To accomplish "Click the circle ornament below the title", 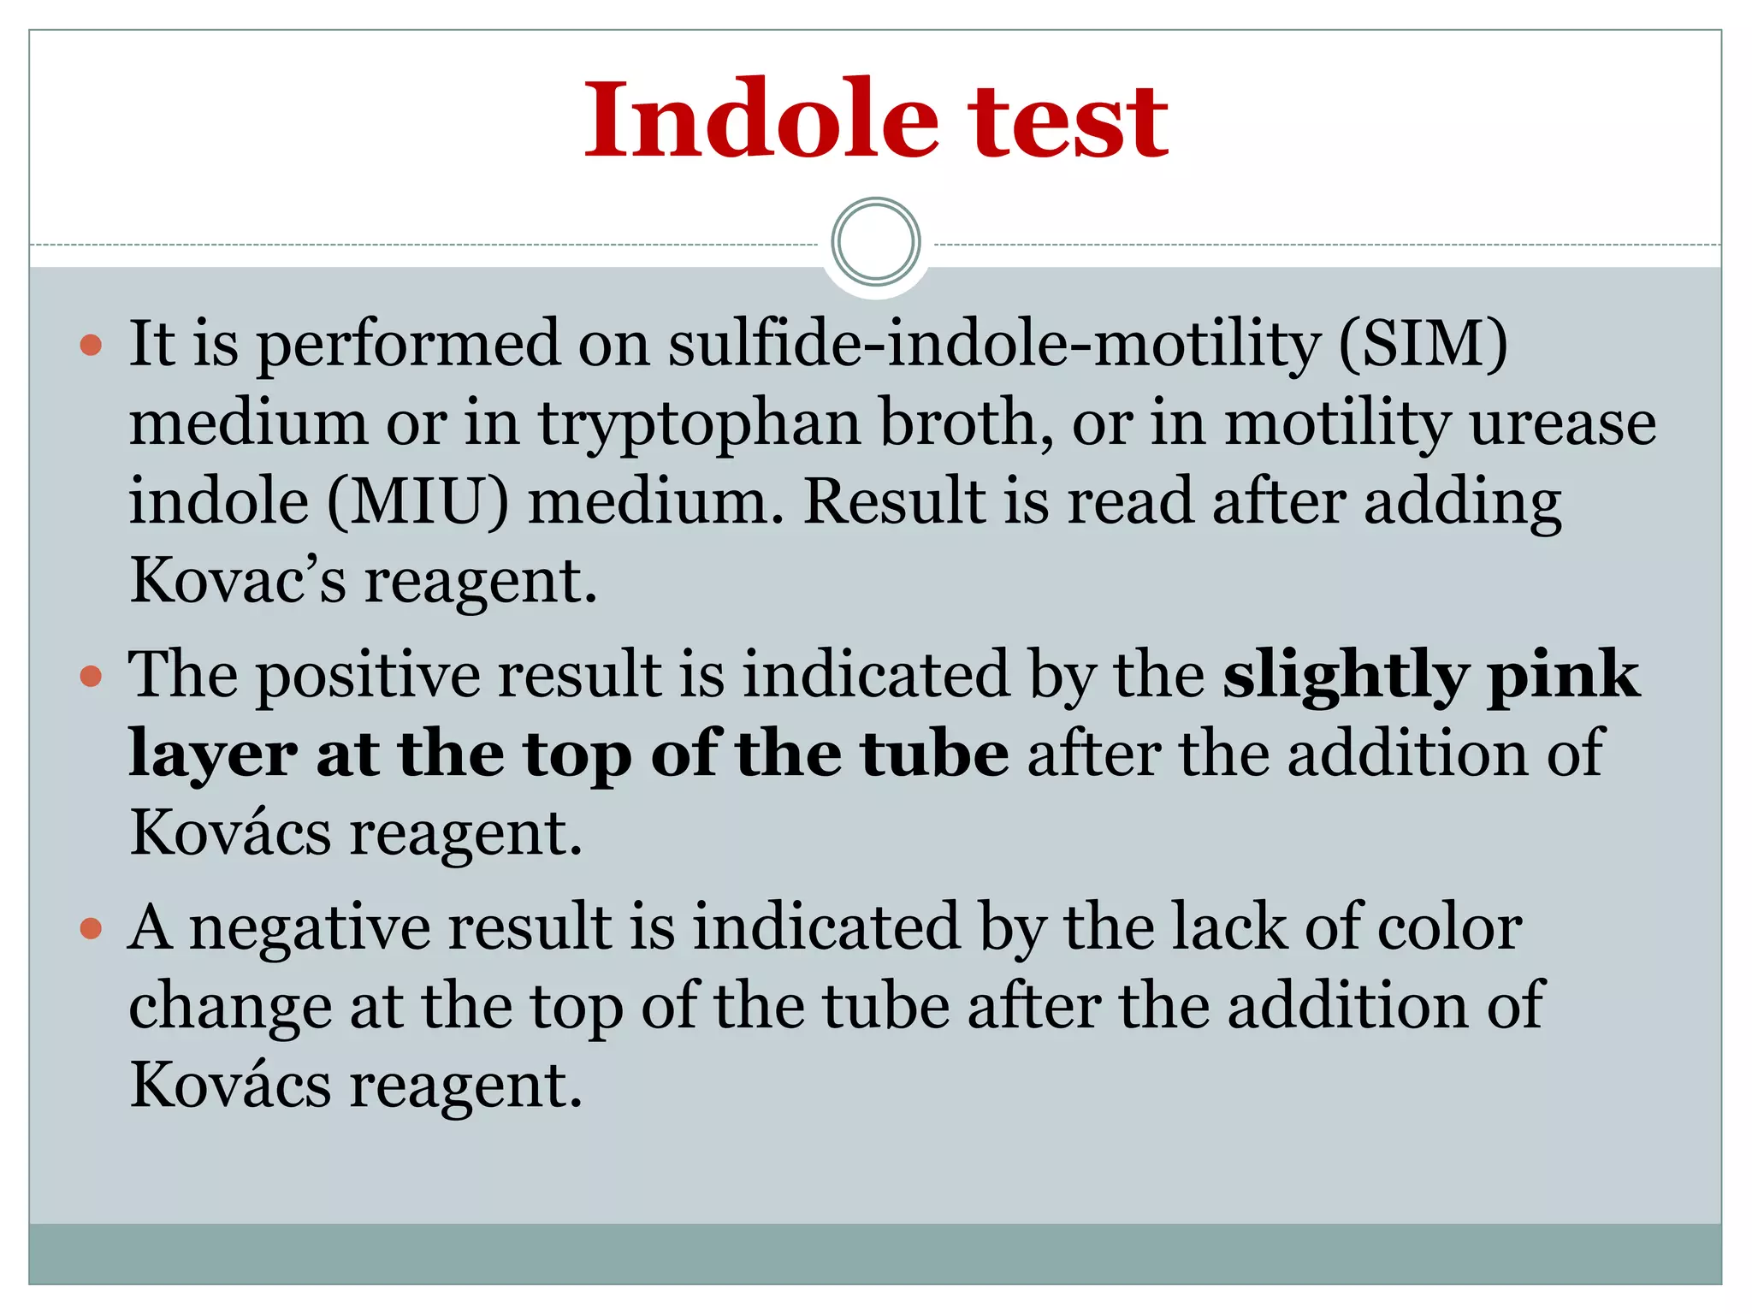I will (x=875, y=242).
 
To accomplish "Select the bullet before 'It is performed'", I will (x=91, y=346).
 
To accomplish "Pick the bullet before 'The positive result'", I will (x=91, y=677).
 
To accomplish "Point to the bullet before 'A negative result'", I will (x=91, y=928).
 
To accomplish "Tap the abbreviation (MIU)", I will (x=417, y=502).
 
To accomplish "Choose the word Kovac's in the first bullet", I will (x=238, y=581).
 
